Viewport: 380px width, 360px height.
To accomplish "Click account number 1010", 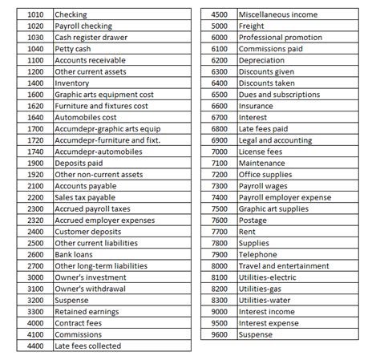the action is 34,15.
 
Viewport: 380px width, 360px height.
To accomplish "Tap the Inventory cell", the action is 71,83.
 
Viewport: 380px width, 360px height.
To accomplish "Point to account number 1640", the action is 34,117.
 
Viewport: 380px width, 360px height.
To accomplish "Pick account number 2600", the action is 34,254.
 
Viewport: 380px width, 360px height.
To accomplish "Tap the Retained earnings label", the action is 86,311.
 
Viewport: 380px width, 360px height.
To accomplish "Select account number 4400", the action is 34,346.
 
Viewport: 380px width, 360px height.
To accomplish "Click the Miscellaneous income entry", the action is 277,15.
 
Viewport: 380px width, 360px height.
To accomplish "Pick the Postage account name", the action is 254,220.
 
